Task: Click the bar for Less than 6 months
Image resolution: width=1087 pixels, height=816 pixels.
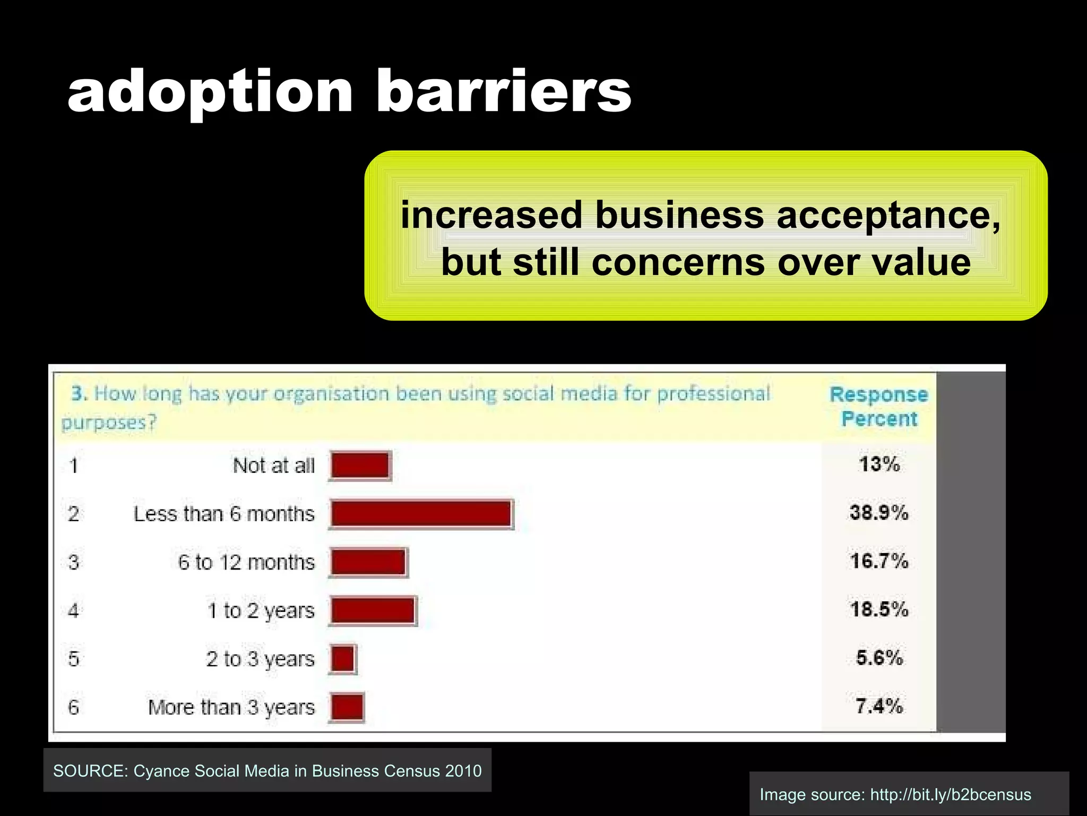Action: [x=421, y=514]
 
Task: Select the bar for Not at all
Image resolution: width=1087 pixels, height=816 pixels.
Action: [x=360, y=465]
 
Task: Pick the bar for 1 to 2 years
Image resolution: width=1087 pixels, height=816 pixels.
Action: [x=373, y=610]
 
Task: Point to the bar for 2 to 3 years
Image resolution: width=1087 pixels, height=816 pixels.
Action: [x=343, y=659]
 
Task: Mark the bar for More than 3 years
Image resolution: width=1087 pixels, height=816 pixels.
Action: [x=347, y=707]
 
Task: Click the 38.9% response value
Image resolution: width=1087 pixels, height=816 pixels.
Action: [x=879, y=513]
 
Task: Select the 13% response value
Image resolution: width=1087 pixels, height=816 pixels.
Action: [x=879, y=464]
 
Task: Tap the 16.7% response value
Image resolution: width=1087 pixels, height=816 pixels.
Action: [x=879, y=561]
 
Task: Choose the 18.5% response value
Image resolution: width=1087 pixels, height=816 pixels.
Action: [x=879, y=609]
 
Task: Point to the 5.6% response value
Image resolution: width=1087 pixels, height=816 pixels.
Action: [x=879, y=658]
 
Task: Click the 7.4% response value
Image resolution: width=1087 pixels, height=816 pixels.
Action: [x=879, y=706]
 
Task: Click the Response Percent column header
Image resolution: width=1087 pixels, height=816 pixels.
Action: [x=879, y=406]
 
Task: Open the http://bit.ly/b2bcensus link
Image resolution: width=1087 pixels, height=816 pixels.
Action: [x=951, y=795]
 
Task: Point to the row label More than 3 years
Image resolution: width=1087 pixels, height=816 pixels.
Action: [x=231, y=707]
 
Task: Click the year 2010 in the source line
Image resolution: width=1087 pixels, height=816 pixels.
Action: [x=463, y=771]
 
